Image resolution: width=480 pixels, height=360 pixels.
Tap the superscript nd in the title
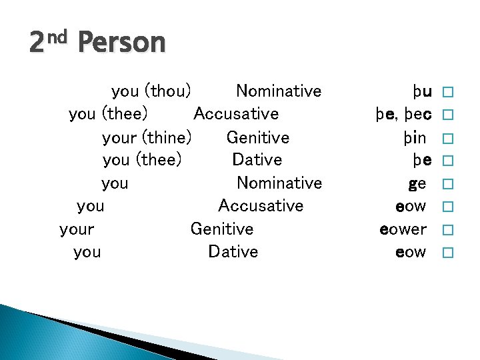[57, 37]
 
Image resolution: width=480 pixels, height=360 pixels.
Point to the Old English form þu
[422, 91]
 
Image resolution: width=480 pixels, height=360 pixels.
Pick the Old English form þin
[415, 137]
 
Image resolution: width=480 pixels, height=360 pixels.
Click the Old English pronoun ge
[417, 183]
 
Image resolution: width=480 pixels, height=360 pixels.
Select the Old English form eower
[403, 229]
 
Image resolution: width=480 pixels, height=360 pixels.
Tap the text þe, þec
[403, 114]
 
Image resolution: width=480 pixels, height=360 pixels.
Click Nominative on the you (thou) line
[279, 91]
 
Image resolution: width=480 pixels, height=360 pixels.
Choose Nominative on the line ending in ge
[279, 183]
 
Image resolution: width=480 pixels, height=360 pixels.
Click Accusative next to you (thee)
[236, 114]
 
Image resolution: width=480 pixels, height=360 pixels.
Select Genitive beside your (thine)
[258, 137]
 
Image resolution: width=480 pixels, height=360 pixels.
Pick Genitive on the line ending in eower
[222, 229]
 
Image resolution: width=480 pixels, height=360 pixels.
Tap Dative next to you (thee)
[257, 160]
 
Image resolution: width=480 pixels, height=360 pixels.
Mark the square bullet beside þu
[447, 92]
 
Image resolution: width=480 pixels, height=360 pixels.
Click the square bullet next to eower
[447, 230]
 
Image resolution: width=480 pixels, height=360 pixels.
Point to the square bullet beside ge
[447, 184]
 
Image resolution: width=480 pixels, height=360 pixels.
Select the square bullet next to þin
[447, 138]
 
